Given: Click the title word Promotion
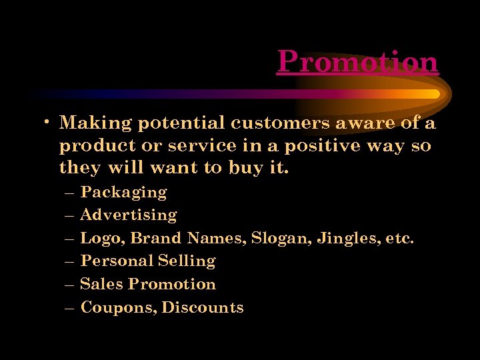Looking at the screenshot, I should click(x=357, y=62).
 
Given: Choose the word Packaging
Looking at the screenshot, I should click(x=123, y=193).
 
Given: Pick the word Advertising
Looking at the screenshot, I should click(x=128, y=215).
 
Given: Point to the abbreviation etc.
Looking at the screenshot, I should click(x=400, y=238).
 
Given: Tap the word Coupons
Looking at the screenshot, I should click(x=117, y=307).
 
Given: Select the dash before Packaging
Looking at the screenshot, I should click(x=71, y=193).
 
